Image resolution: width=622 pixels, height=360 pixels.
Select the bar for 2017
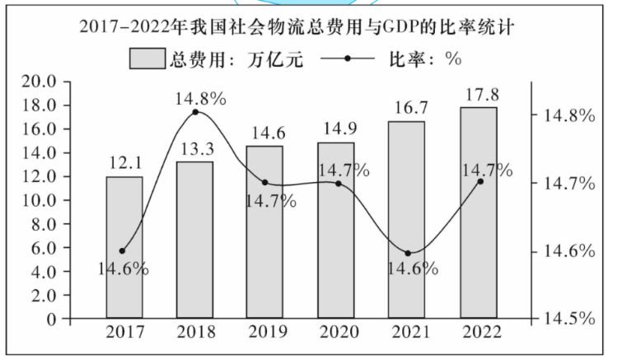coord(124,246)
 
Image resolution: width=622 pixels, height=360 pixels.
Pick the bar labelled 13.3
coord(194,239)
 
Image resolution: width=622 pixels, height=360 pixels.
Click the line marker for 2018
coord(195,112)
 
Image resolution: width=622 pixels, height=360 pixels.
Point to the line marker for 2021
coord(408,253)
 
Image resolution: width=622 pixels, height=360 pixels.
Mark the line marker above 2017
coord(123,250)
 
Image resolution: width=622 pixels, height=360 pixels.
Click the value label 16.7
coord(407,108)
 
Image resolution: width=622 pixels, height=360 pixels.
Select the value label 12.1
coord(124,164)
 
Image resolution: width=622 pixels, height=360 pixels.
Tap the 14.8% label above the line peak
coord(200,99)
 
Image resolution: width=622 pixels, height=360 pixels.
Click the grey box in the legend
coord(149,60)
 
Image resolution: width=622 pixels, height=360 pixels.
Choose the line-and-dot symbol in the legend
coord(347,60)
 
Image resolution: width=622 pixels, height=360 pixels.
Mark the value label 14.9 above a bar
coord(336,128)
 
